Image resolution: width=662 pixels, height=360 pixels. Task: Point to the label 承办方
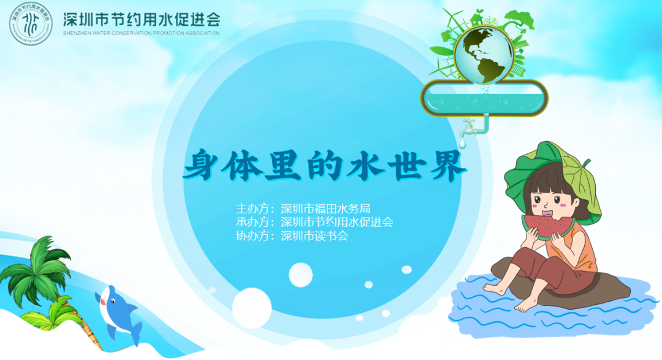tap(253, 222)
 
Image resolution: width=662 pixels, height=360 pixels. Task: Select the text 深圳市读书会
tap(314, 236)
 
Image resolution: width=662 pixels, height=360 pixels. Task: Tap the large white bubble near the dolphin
tap(251, 307)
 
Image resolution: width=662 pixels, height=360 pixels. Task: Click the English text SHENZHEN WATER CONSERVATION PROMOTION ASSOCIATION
tap(141, 33)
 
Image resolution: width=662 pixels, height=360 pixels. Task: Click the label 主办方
tap(253, 209)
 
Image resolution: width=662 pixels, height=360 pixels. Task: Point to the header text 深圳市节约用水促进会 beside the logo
tap(141, 18)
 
